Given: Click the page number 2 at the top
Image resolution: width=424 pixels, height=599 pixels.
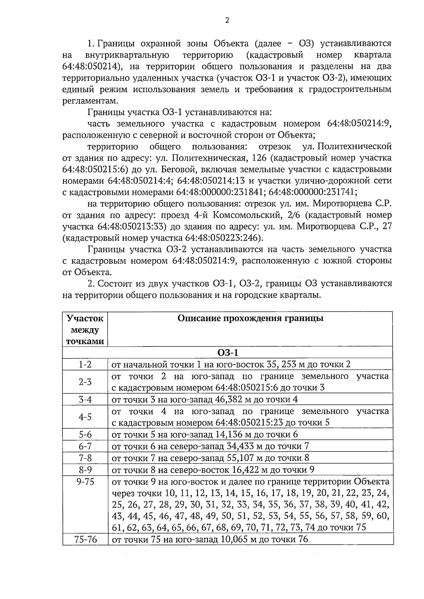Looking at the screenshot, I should click(227, 20).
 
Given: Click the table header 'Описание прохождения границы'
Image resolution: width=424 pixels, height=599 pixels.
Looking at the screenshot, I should click(250, 318).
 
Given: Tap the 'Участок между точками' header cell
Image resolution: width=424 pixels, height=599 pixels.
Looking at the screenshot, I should click(85, 330).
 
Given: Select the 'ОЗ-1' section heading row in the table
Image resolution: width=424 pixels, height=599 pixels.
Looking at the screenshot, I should click(228, 353).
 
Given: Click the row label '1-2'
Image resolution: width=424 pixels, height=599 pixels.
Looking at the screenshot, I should click(85, 365).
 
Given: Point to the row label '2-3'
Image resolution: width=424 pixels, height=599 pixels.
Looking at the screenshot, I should click(85, 382).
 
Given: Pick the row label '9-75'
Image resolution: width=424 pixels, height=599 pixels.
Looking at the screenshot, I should click(85, 482).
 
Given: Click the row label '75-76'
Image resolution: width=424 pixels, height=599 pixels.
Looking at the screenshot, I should click(85, 539).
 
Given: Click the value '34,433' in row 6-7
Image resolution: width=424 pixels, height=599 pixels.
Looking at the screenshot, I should click(241, 446).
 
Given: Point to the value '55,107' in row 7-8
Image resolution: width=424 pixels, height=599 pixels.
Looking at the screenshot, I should click(241, 458).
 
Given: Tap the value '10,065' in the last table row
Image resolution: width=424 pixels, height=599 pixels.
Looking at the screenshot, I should click(235, 539).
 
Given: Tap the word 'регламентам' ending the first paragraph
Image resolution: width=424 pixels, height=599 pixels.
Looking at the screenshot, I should click(88, 101).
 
